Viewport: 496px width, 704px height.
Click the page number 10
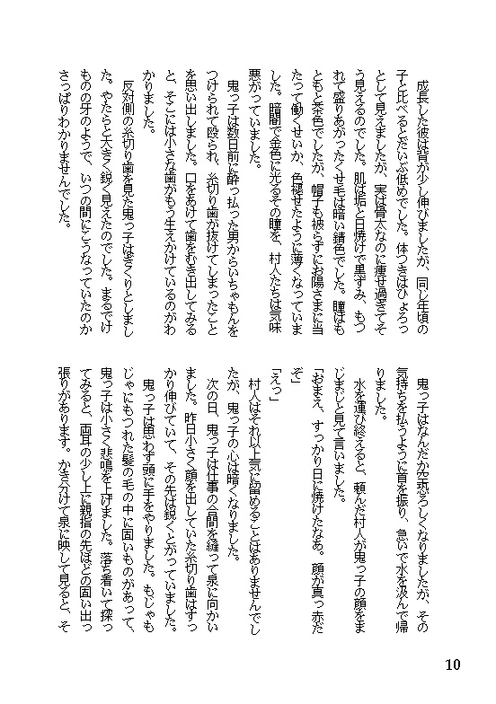pyautogui.click(x=452, y=665)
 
